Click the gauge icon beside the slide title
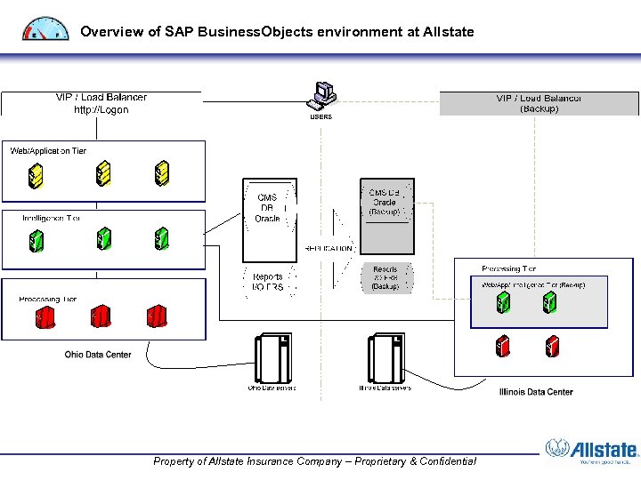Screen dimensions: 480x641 (45, 29)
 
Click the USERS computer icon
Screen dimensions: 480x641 (322, 94)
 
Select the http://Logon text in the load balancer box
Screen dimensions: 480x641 (101, 110)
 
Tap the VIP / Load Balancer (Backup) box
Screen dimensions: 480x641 (539, 103)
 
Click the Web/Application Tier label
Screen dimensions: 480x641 (48, 151)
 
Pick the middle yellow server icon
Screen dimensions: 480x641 (103, 172)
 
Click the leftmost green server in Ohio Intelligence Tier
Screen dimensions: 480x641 (37, 240)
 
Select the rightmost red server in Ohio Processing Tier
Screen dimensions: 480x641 (158, 316)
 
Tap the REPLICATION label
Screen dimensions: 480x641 (329, 249)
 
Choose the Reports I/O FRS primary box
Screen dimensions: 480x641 (267, 282)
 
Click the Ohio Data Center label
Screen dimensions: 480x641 (98, 355)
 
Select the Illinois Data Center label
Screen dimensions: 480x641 (536, 391)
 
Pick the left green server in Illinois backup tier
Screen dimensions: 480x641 (503, 303)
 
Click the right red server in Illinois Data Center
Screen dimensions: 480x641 (553, 345)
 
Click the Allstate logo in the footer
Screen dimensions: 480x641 (592, 452)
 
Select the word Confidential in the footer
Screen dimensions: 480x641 (442, 461)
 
